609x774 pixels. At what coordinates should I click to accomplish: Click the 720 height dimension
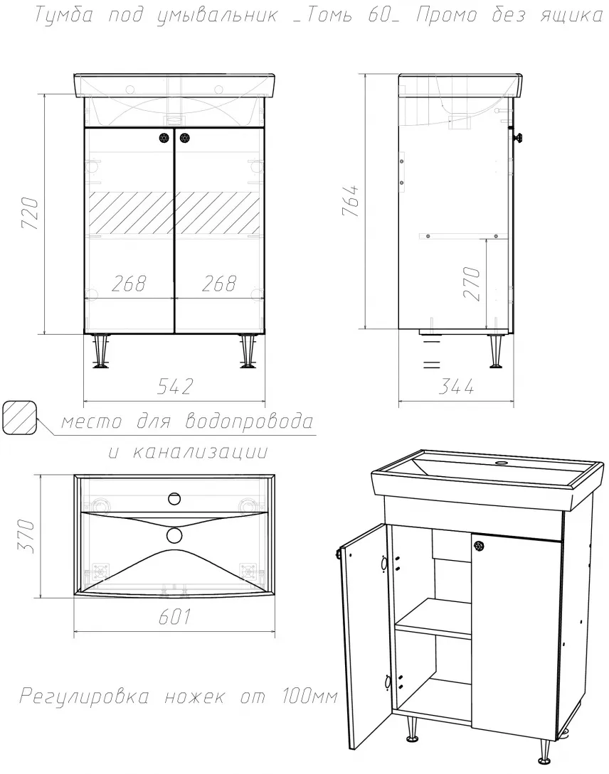click(29, 213)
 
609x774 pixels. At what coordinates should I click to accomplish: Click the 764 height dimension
click(350, 201)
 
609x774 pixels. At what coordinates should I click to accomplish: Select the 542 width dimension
click(175, 387)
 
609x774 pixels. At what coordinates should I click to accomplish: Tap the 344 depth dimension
click(456, 387)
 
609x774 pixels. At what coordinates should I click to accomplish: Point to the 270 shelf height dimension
click(472, 284)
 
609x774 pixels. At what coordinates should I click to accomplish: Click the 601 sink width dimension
click(174, 616)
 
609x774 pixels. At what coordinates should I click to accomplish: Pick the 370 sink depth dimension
click(26, 536)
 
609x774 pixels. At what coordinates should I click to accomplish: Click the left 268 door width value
click(129, 284)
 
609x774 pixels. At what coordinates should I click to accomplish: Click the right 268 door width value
click(219, 284)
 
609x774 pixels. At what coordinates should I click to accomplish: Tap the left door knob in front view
click(164, 138)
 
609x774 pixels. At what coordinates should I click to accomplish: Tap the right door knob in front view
click(185, 138)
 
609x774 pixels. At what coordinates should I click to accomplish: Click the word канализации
click(201, 451)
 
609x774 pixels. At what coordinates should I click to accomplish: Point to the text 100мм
click(309, 697)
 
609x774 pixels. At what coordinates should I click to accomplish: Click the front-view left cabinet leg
click(102, 351)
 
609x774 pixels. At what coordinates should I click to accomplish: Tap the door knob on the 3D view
click(478, 546)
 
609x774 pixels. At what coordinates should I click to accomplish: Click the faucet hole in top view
click(174, 499)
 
